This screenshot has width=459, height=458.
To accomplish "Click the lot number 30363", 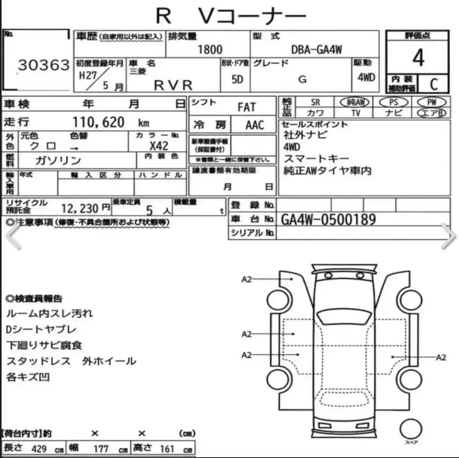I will click(x=44, y=65).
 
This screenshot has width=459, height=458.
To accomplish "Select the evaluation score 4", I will click(x=418, y=58).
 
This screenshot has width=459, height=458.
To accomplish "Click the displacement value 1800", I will click(x=210, y=50).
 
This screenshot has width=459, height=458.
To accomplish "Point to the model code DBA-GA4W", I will click(x=316, y=50).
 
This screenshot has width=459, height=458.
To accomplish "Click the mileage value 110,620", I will click(x=98, y=122).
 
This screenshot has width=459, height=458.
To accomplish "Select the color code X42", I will click(x=159, y=146).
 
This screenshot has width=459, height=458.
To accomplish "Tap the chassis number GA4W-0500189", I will click(x=328, y=220).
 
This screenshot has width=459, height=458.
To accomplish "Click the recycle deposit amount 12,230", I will click(x=80, y=209).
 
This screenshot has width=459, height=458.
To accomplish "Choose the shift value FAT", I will click(x=247, y=107).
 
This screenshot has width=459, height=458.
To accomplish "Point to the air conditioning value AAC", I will click(x=255, y=125).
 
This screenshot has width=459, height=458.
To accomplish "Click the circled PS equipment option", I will click(x=393, y=102).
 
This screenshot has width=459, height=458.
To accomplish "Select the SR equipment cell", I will click(x=315, y=102).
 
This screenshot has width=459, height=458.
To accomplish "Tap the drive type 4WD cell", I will click(x=366, y=77).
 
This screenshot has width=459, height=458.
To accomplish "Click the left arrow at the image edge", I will click(x=14, y=236).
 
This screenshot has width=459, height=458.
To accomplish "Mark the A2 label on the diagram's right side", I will click(x=441, y=357).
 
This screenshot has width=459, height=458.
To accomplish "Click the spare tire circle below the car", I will click(x=411, y=429).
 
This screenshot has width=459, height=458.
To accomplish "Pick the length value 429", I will click(x=39, y=449).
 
